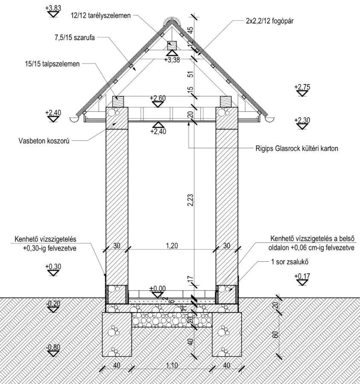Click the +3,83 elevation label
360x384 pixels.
coord(53,8)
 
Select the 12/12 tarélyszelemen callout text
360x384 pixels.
coord(101,15)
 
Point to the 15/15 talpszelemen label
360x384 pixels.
coord(52,64)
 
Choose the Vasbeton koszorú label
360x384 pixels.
coord(44,140)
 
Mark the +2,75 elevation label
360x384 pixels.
coord(302,87)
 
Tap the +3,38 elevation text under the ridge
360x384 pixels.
coord(172,60)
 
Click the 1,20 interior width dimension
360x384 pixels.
coord(171,245)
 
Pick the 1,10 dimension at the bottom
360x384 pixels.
coord(172,365)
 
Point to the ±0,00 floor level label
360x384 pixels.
coord(158,288)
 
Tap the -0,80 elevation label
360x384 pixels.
coord(53,347)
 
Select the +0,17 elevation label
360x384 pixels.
coord(302,277)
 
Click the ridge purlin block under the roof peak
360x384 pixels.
coord(172,44)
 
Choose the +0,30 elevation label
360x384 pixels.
coord(53,267)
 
